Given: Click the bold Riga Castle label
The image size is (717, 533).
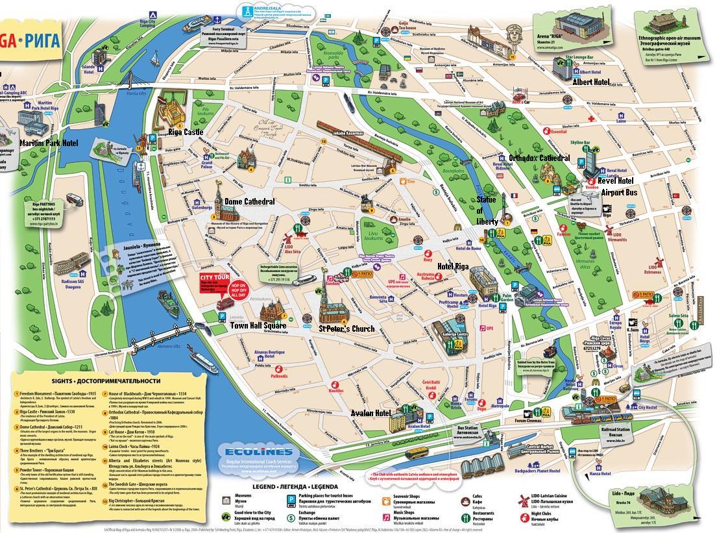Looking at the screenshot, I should pyautogui.click(x=186, y=132).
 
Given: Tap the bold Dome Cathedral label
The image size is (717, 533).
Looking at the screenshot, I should pyautogui.click(x=249, y=202).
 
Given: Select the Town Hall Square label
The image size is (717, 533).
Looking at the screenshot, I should pyautogui.click(x=258, y=325).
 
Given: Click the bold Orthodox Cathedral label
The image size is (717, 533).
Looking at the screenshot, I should pyautogui.click(x=539, y=158).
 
